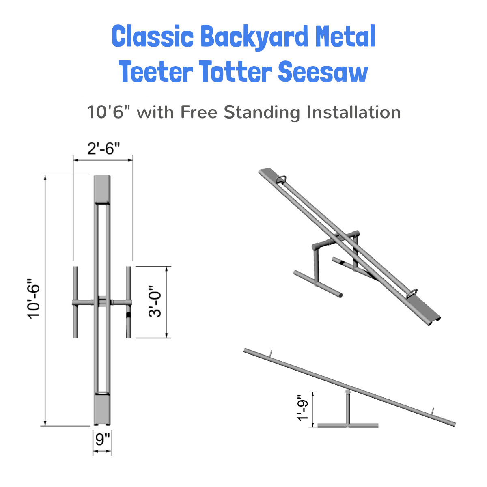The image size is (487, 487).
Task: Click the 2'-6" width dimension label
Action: (103, 149)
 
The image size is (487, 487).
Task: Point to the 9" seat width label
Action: (103, 440)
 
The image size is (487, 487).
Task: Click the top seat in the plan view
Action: (102, 188)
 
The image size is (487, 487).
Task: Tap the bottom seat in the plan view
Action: (102, 409)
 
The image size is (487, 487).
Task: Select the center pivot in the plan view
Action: (102, 302)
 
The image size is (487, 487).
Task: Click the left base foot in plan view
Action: (75, 302)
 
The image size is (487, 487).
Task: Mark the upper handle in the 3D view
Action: (281, 180)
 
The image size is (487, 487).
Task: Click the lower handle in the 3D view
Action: (412, 293)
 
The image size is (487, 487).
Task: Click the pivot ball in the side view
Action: (348, 392)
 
